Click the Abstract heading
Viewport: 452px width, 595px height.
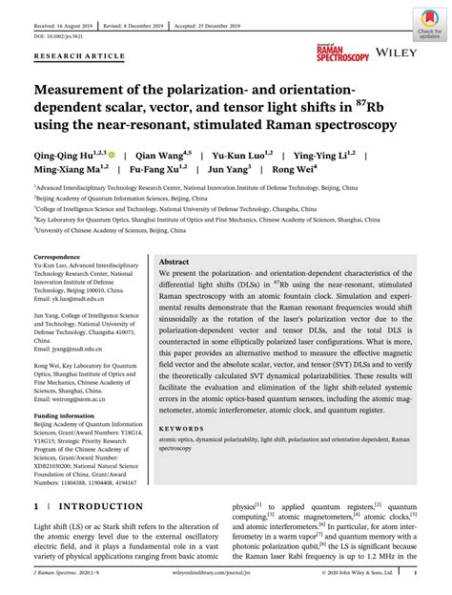(174, 261)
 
